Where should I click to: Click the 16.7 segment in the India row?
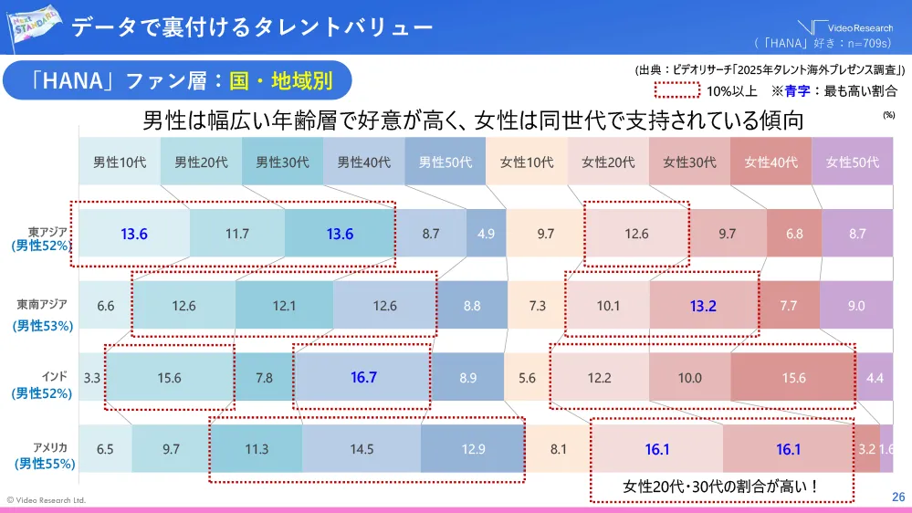point(363,377)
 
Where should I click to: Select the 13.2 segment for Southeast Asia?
point(703,306)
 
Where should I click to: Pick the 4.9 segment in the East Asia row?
point(486,234)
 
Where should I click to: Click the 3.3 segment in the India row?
point(91,377)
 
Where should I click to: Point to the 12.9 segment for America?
point(473,449)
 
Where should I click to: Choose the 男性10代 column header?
point(119,162)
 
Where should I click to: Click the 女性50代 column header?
point(852,162)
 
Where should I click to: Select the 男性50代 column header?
point(445,162)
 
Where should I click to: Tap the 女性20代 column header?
point(608,162)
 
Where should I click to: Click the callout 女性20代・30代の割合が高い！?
point(720,487)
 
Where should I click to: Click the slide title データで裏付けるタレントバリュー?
point(252,27)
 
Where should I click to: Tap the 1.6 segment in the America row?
point(886,449)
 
